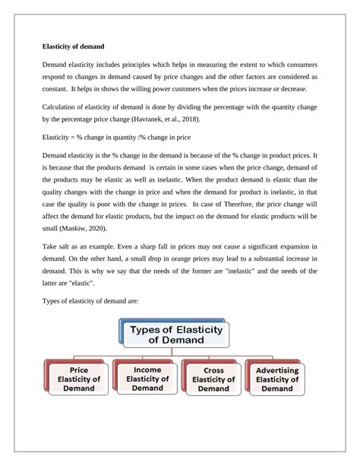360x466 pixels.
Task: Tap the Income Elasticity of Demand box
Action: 143,376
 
